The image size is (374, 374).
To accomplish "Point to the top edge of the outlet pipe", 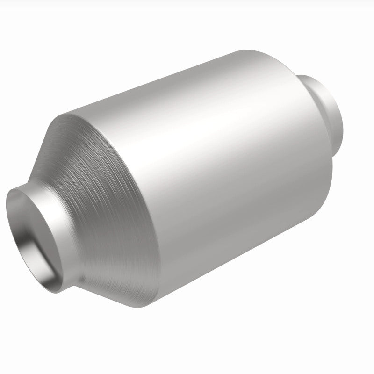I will click(309, 75).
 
